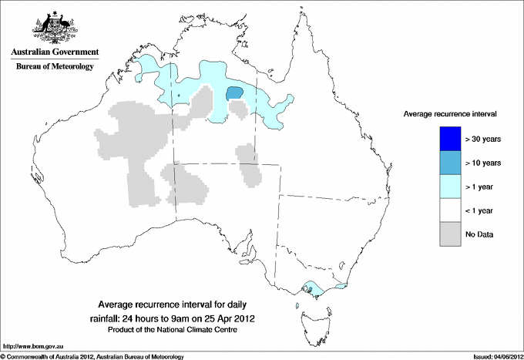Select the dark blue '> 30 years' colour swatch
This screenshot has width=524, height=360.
point(444,139)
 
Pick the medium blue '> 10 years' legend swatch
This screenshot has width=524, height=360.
point(444,163)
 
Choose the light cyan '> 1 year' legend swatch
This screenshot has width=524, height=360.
point(444,187)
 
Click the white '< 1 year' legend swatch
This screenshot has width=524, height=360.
point(444,210)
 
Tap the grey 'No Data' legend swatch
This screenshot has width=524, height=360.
point(444,234)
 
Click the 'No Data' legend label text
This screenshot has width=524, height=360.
point(479,234)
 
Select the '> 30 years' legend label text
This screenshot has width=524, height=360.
point(483,139)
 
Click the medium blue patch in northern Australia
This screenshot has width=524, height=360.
point(234,93)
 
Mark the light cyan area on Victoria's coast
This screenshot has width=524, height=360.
point(312,289)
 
